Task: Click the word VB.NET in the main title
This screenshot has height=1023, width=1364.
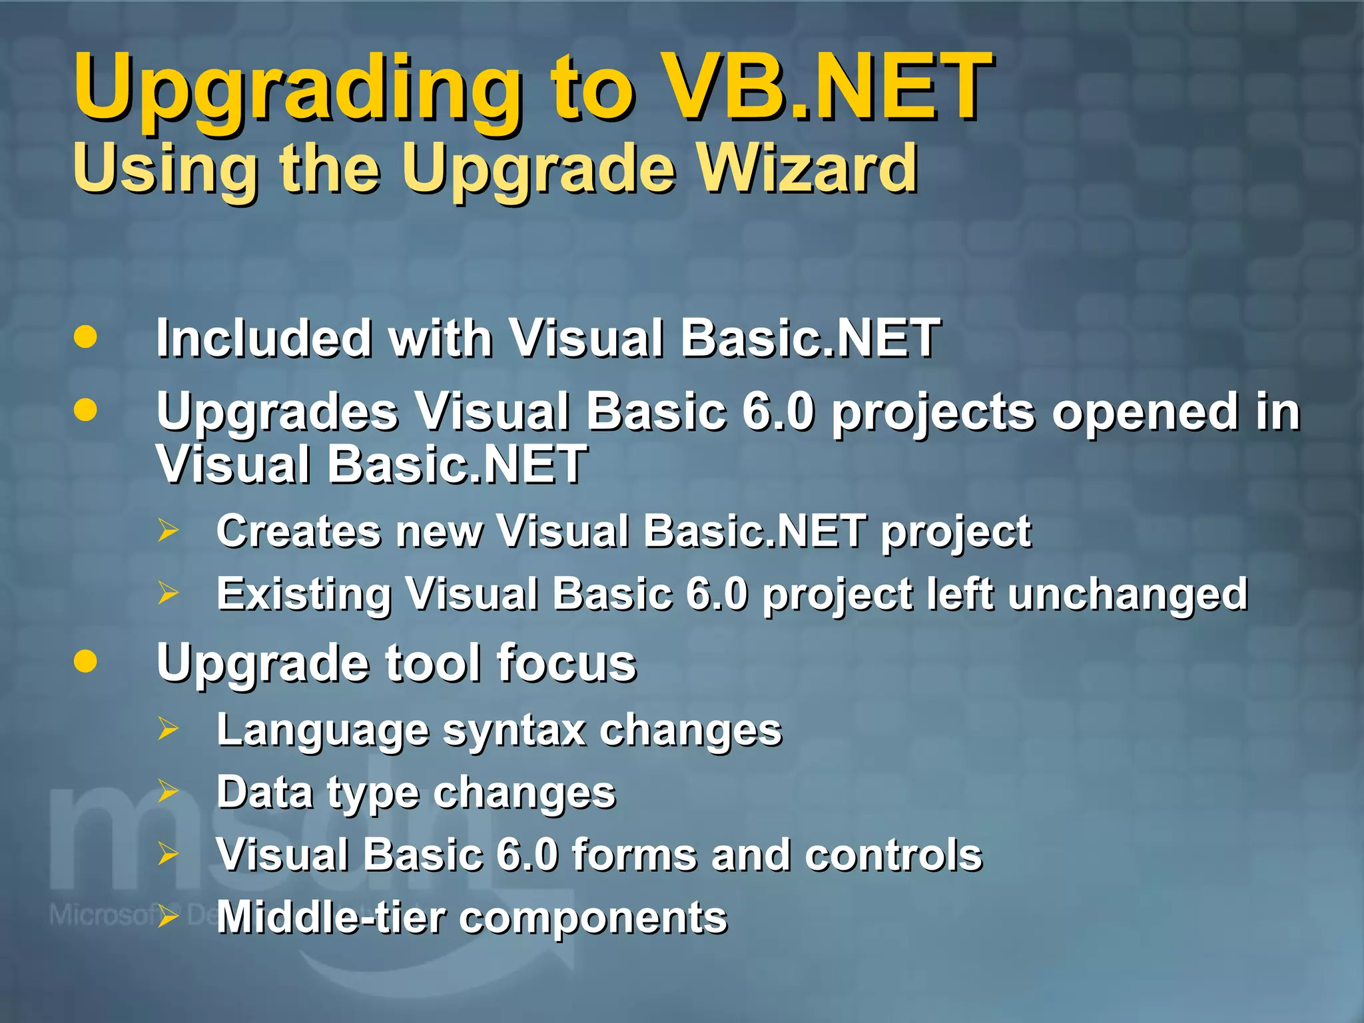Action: pos(829,87)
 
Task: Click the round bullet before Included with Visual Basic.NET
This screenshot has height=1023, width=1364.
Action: pos(85,336)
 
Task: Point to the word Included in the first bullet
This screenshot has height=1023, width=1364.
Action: pos(264,338)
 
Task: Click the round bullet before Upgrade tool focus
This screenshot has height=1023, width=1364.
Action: pos(85,661)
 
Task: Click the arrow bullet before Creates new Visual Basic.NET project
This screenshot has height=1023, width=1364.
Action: pos(168,531)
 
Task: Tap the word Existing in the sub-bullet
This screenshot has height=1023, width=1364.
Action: pos(303,594)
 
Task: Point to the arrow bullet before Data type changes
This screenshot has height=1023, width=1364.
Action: pos(168,791)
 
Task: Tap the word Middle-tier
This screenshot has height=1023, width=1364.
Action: pos(330,918)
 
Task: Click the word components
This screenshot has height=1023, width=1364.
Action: pos(593,919)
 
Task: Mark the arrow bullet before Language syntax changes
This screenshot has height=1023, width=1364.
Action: pos(168,729)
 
